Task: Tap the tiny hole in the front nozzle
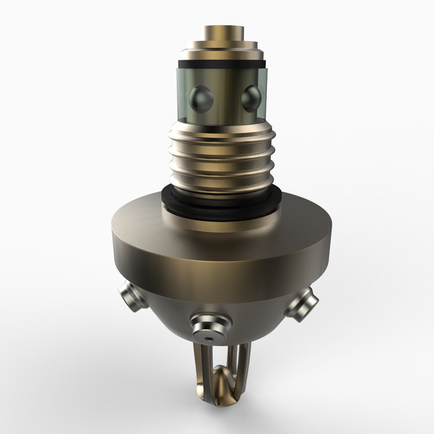pyautogui.click(x=209, y=337)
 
